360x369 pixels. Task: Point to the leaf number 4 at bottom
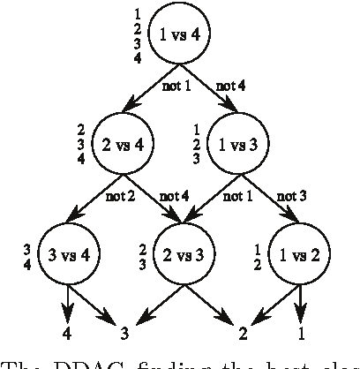click(67, 333)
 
